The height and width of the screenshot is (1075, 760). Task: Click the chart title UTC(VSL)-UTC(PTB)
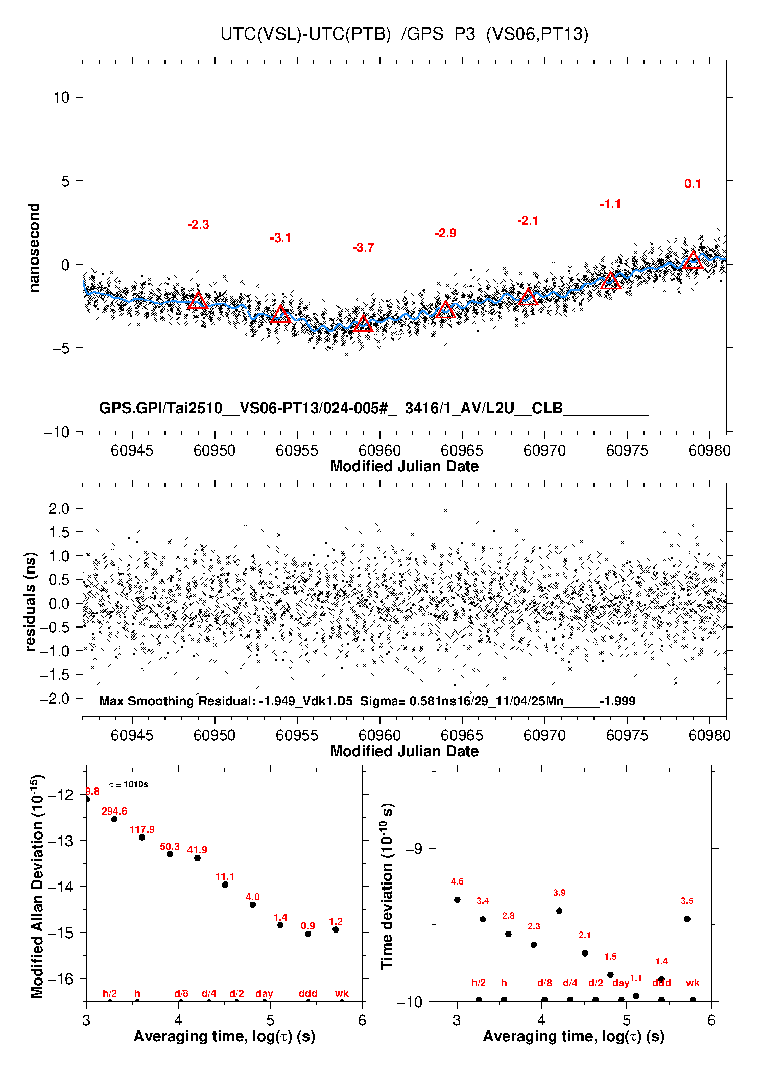305,34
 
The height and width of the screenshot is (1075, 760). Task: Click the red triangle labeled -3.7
363,324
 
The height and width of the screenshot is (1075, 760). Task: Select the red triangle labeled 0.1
693,260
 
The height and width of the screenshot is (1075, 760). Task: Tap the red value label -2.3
198,225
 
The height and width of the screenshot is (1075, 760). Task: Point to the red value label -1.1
610,204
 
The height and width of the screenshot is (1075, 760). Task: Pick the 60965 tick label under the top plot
462,450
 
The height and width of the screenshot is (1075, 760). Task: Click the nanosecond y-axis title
34,248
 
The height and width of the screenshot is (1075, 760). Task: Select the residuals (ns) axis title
31,601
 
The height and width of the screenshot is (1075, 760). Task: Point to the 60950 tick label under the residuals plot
215,735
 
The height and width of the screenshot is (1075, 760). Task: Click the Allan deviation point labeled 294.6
114,819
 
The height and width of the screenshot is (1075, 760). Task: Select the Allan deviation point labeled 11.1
225,885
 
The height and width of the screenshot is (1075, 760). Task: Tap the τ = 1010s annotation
129,784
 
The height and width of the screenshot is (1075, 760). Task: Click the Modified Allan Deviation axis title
37,887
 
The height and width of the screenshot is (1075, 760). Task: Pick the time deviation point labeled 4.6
457,900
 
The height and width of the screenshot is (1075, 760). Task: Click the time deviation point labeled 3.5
687,919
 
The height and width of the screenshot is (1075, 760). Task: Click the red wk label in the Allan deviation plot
342,993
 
